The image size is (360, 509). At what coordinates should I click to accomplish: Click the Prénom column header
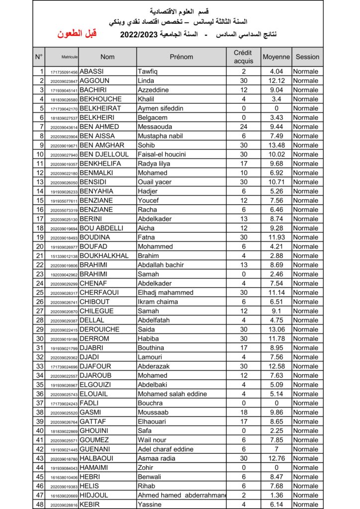pos(181,57)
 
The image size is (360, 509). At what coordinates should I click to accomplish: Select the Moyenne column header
pos(276,57)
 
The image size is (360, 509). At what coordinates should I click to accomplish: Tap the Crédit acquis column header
pos(243,57)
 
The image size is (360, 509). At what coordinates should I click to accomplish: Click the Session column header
pos(307,57)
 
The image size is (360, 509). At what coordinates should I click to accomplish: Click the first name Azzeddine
pos(153,90)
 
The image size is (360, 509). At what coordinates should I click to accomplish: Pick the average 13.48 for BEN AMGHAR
pos(276,145)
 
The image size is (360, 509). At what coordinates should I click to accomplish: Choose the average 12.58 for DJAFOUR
pos(276,366)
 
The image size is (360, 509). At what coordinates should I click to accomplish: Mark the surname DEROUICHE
pos(99,329)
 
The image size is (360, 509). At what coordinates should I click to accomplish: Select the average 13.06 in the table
pos(276,329)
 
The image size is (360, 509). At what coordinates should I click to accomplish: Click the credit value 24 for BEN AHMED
pos(243,127)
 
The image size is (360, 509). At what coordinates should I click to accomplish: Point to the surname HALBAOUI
pos(96,458)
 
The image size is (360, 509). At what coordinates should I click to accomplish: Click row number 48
pos(40,505)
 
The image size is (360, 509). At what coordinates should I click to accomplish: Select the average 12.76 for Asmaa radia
pos(276,458)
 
